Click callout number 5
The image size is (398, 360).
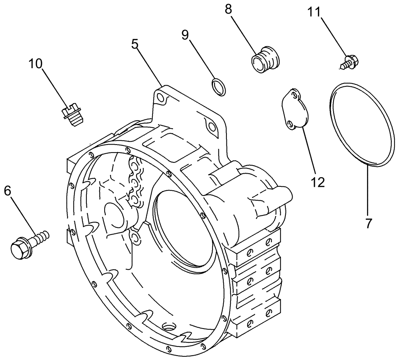click(x=135, y=44)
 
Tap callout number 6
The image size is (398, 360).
click(x=8, y=191)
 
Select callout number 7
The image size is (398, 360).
click(x=369, y=224)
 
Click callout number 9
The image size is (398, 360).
click(x=185, y=35)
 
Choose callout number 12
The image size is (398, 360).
click(x=318, y=182)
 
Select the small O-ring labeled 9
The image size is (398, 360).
click(x=218, y=87)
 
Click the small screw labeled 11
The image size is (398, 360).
click(x=349, y=61)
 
